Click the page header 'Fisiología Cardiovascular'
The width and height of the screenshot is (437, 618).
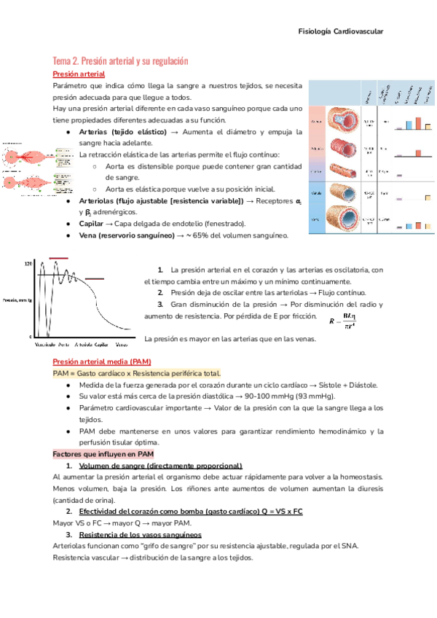[x=341, y=31]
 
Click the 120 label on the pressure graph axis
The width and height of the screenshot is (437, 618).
[x=29, y=263]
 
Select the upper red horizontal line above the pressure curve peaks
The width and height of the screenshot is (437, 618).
[x=58, y=258]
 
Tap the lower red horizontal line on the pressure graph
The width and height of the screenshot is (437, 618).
[x=95, y=278]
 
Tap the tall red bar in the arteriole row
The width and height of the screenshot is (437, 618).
[x=420, y=152]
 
